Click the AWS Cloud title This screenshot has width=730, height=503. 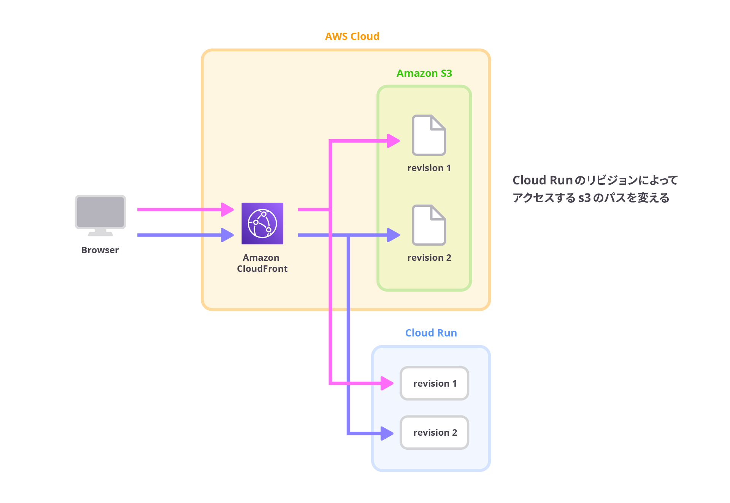(352, 36)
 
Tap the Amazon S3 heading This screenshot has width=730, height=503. (424, 73)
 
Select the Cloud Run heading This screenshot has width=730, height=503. (431, 333)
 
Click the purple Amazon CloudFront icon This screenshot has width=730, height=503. (262, 223)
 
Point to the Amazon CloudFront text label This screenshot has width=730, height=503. (262, 263)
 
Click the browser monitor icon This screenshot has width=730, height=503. (100, 215)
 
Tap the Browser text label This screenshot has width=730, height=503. (100, 250)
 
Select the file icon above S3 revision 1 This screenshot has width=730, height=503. (428, 135)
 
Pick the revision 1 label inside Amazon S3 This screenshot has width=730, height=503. (429, 168)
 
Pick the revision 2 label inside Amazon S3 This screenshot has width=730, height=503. (429, 257)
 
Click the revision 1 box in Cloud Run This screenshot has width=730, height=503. (434, 383)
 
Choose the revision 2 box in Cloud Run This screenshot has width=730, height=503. (434, 432)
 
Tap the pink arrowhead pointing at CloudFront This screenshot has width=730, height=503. (227, 209)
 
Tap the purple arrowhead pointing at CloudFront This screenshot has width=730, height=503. (227, 235)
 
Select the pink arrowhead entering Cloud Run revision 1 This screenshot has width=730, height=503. (387, 383)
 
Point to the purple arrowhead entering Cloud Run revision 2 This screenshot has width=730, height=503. (387, 433)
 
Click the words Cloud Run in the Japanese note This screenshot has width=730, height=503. (542, 180)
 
